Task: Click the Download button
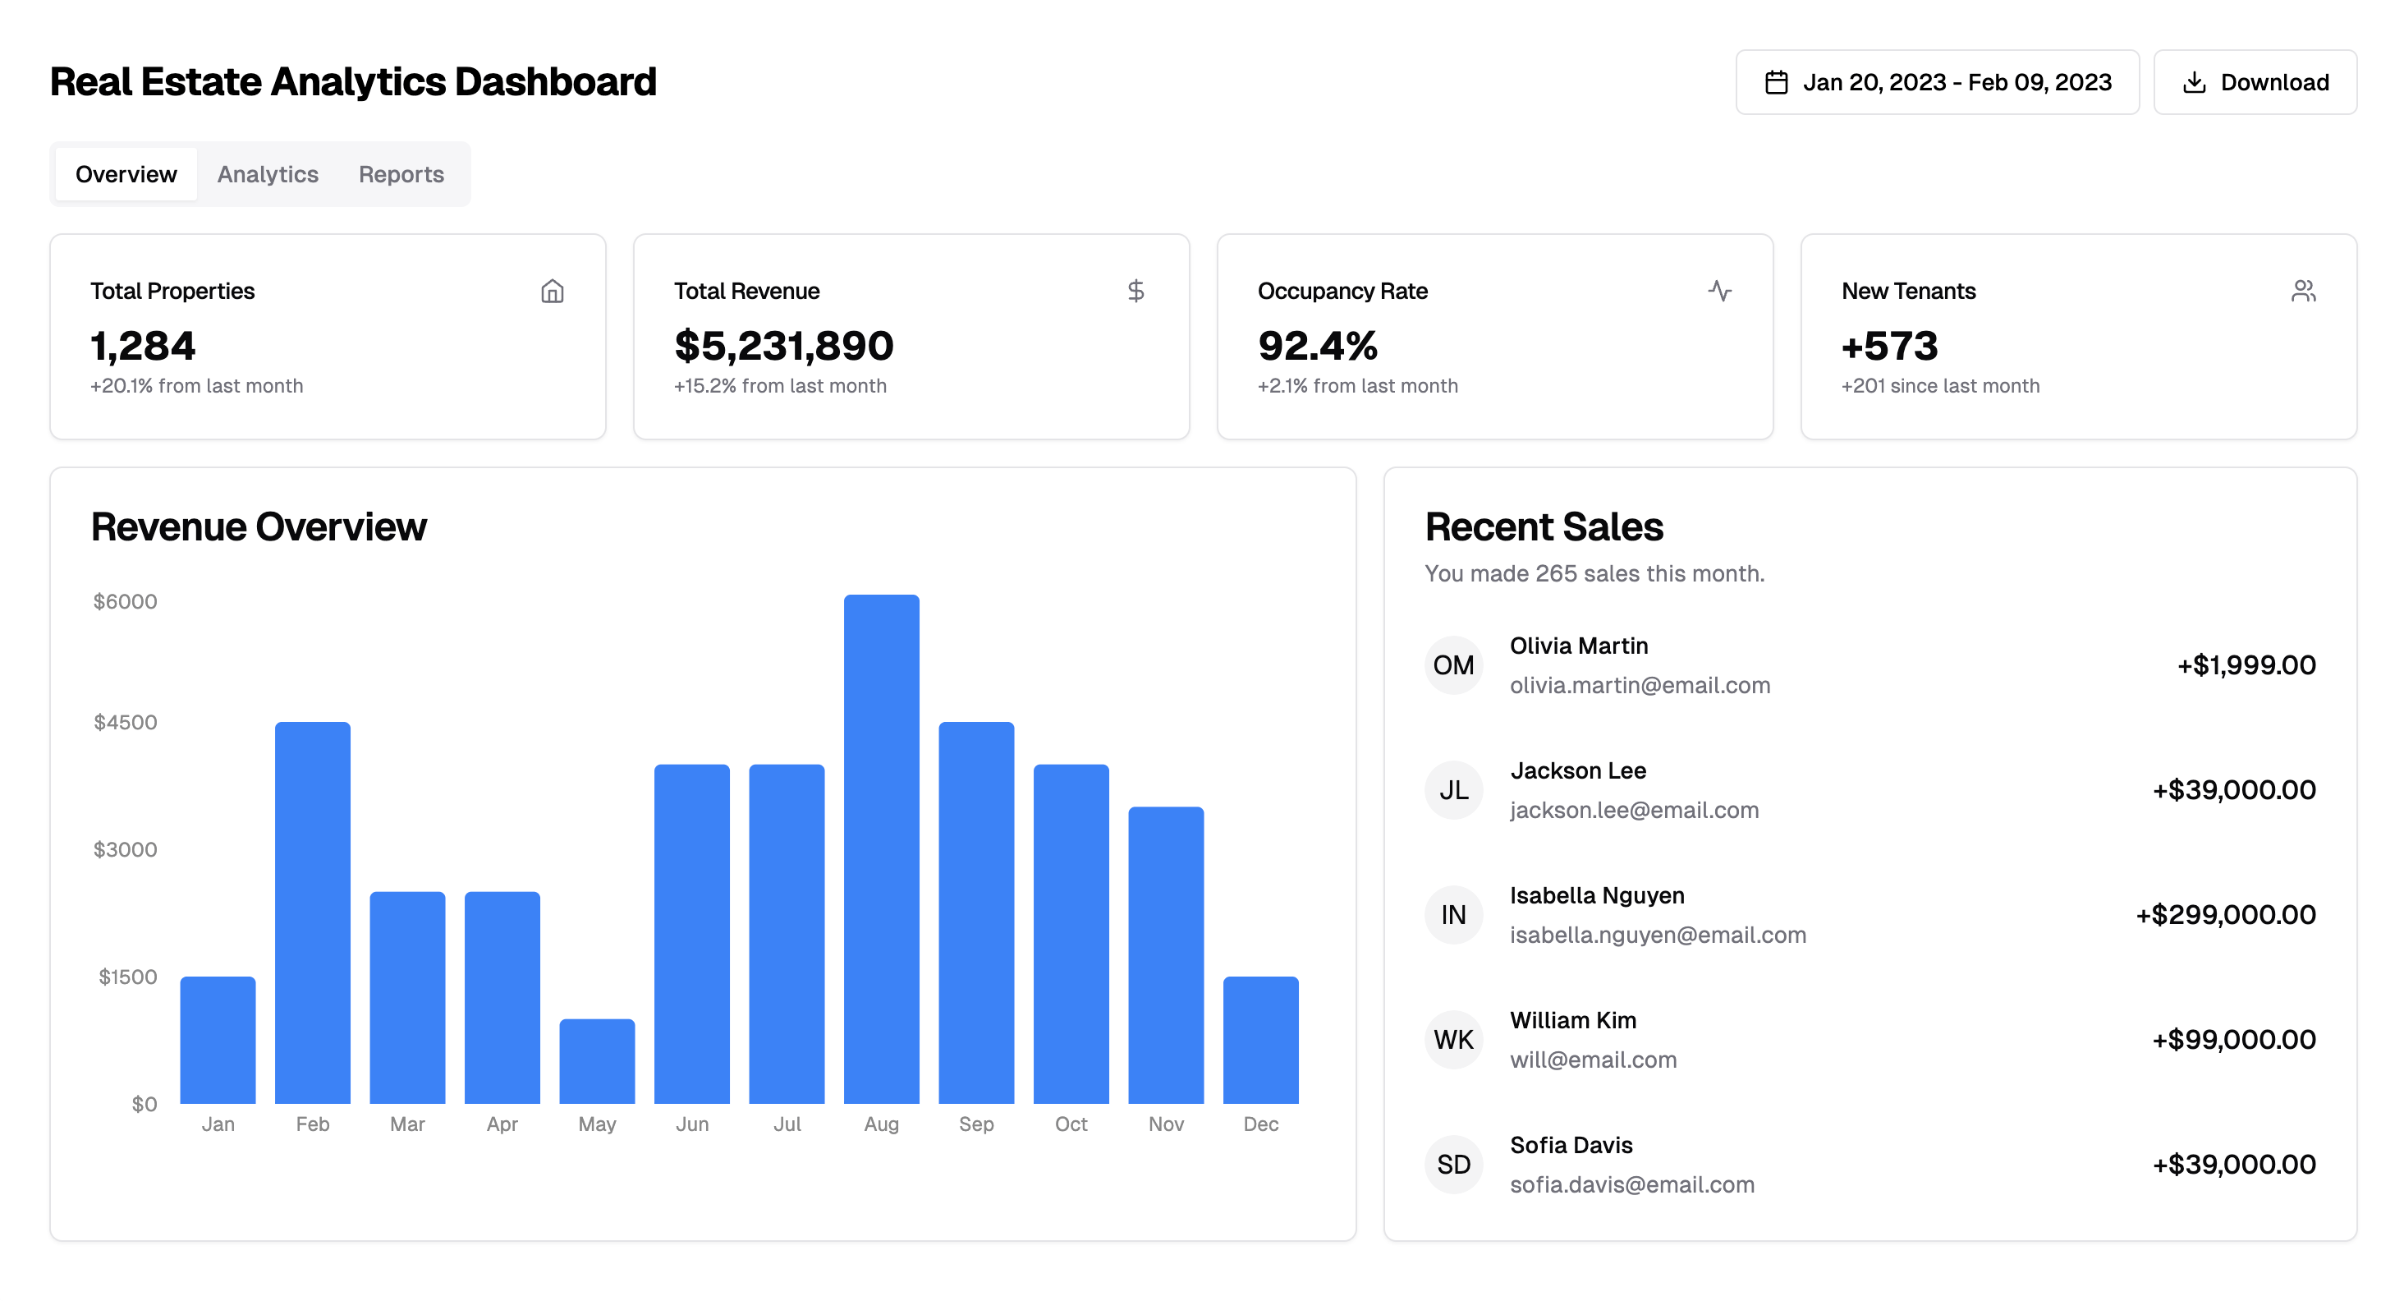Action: pyautogui.click(x=2254, y=82)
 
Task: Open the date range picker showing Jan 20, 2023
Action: pyautogui.click(x=1937, y=82)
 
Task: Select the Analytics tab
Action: pyautogui.click(x=268, y=174)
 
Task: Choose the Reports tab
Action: pyautogui.click(x=401, y=174)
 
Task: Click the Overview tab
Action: pyautogui.click(x=126, y=174)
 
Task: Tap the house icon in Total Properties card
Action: pyautogui.click(x=553, y=292)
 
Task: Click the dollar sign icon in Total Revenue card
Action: pyautogui.click(x=1135, y=292)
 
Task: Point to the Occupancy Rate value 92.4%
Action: pyautogui.click(x=1317, y=347)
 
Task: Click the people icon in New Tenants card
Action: pyautogui.click(x=2303, y=292)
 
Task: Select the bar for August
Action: pyautogui.click(x=881, y=849)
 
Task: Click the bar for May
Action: pyautogui.click(x=597, y=1061)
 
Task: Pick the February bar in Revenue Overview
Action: pyautogui.click(x=313, y=913)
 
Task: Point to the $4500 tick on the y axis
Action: pyautogui.click(x=125, y=722)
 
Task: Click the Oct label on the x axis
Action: pyautogui.click(x=1071, y=1124)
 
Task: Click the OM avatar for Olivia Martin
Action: pyautogui.click(x=1453, y=665)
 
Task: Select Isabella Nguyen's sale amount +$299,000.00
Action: pyautogui.click(x=2226, y=915)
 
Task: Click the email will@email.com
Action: pyautogui.click(x=1593, y=1060)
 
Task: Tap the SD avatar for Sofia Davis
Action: pyautogui.click(x=1453, y=1165)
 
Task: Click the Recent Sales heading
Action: pyautogui.click(x=1544, y=527)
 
